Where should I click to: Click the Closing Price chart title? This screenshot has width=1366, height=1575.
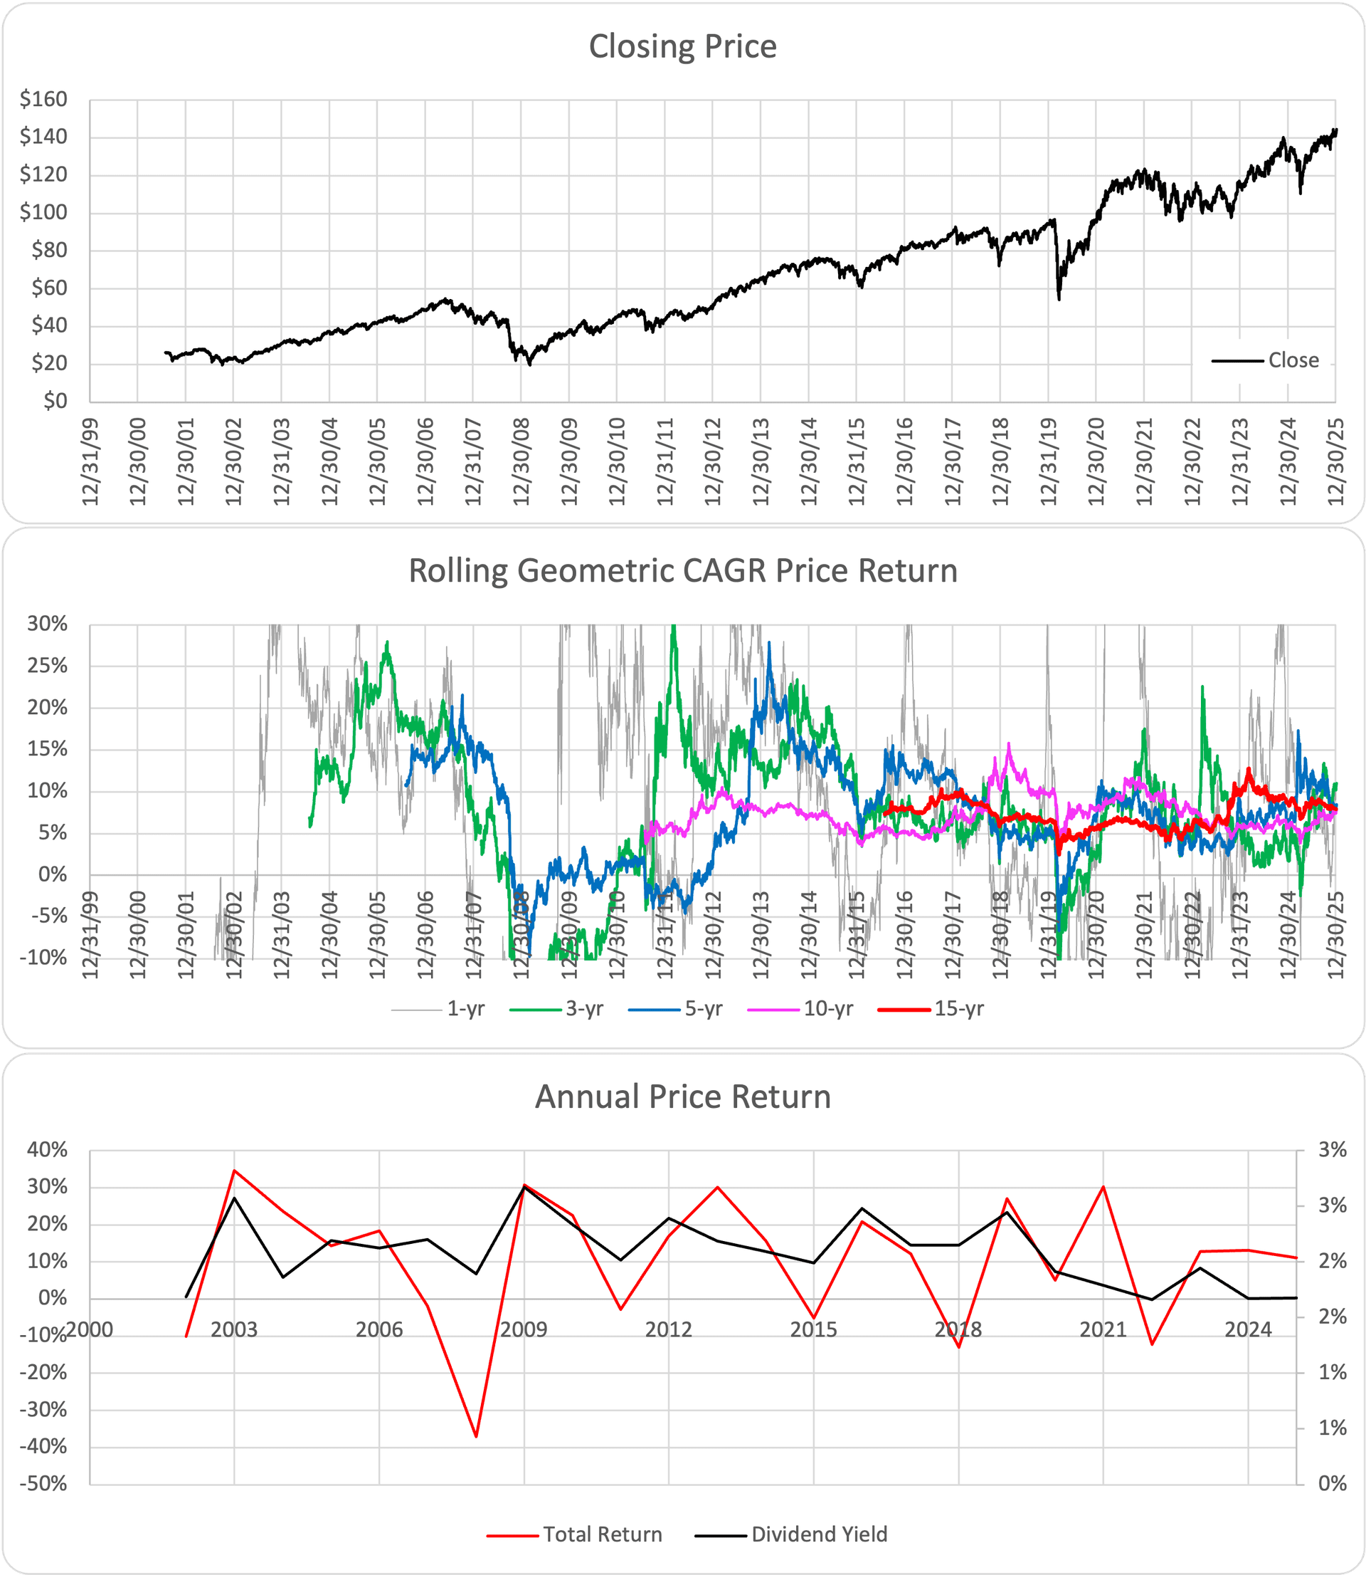pos(682,46)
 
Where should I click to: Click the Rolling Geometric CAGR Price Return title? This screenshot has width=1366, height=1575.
pos(682,571)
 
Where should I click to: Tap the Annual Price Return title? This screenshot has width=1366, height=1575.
pos(682,1097)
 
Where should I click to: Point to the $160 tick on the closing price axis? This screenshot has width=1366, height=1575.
pos(43,99)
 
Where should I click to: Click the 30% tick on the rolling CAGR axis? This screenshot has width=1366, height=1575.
pos(47,624)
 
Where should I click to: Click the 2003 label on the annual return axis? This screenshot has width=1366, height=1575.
pos(234,1329)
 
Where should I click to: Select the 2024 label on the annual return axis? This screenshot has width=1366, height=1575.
pos(1248,1329)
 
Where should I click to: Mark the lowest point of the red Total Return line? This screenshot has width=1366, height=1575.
pos(477,1437)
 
